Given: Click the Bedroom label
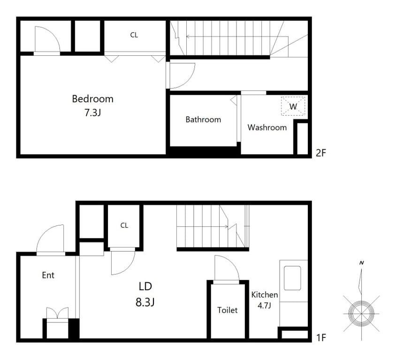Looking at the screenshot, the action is (x=93, y=99).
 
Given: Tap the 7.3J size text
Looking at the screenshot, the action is (x=93, y=112).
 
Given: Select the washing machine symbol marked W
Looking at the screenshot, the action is (x=293, y=106).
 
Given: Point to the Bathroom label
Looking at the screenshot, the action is (x=203, y=120).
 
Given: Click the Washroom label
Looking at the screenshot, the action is (x=267, y=127).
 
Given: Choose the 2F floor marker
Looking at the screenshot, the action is (x=321, y=153).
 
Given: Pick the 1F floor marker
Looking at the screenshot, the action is (x=321, y=337).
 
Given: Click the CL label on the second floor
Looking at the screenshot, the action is (x=134, y=35).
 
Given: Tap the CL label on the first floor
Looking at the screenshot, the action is (x=124, y=225).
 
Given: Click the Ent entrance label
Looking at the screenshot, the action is (x=48, y=275).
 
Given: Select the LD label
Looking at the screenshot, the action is (x=145, y=286).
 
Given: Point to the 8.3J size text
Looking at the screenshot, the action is (x=145, y=302).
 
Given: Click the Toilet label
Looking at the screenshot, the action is (x=228, y=310).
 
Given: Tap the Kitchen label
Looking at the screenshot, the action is (x=265, y=295).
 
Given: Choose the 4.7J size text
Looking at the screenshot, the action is (x=264, y=306).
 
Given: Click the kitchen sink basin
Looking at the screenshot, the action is (x=292, y=278).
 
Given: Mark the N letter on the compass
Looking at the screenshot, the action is (x=362, y=263).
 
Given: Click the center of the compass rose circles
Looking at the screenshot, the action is (x=361, y=314).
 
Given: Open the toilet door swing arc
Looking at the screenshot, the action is (x=232, y=262).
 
